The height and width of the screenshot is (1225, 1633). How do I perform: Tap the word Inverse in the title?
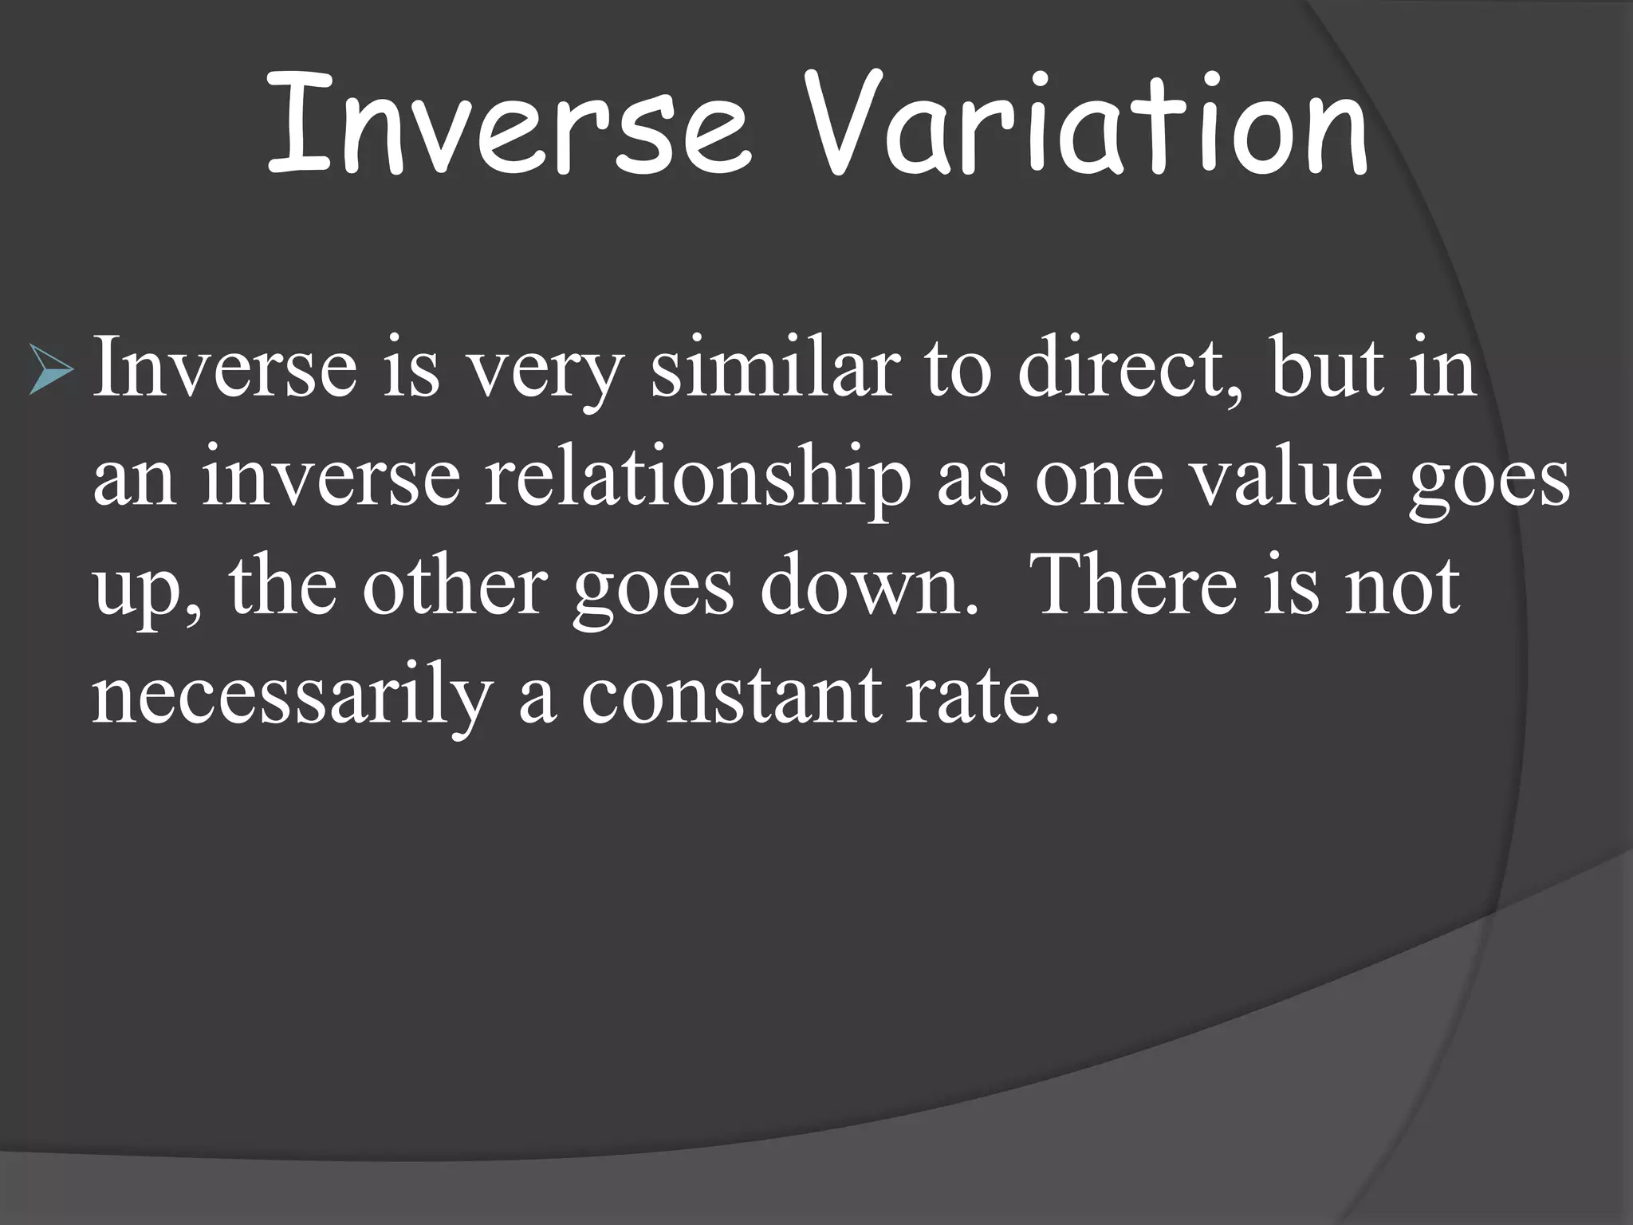[509, 128]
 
